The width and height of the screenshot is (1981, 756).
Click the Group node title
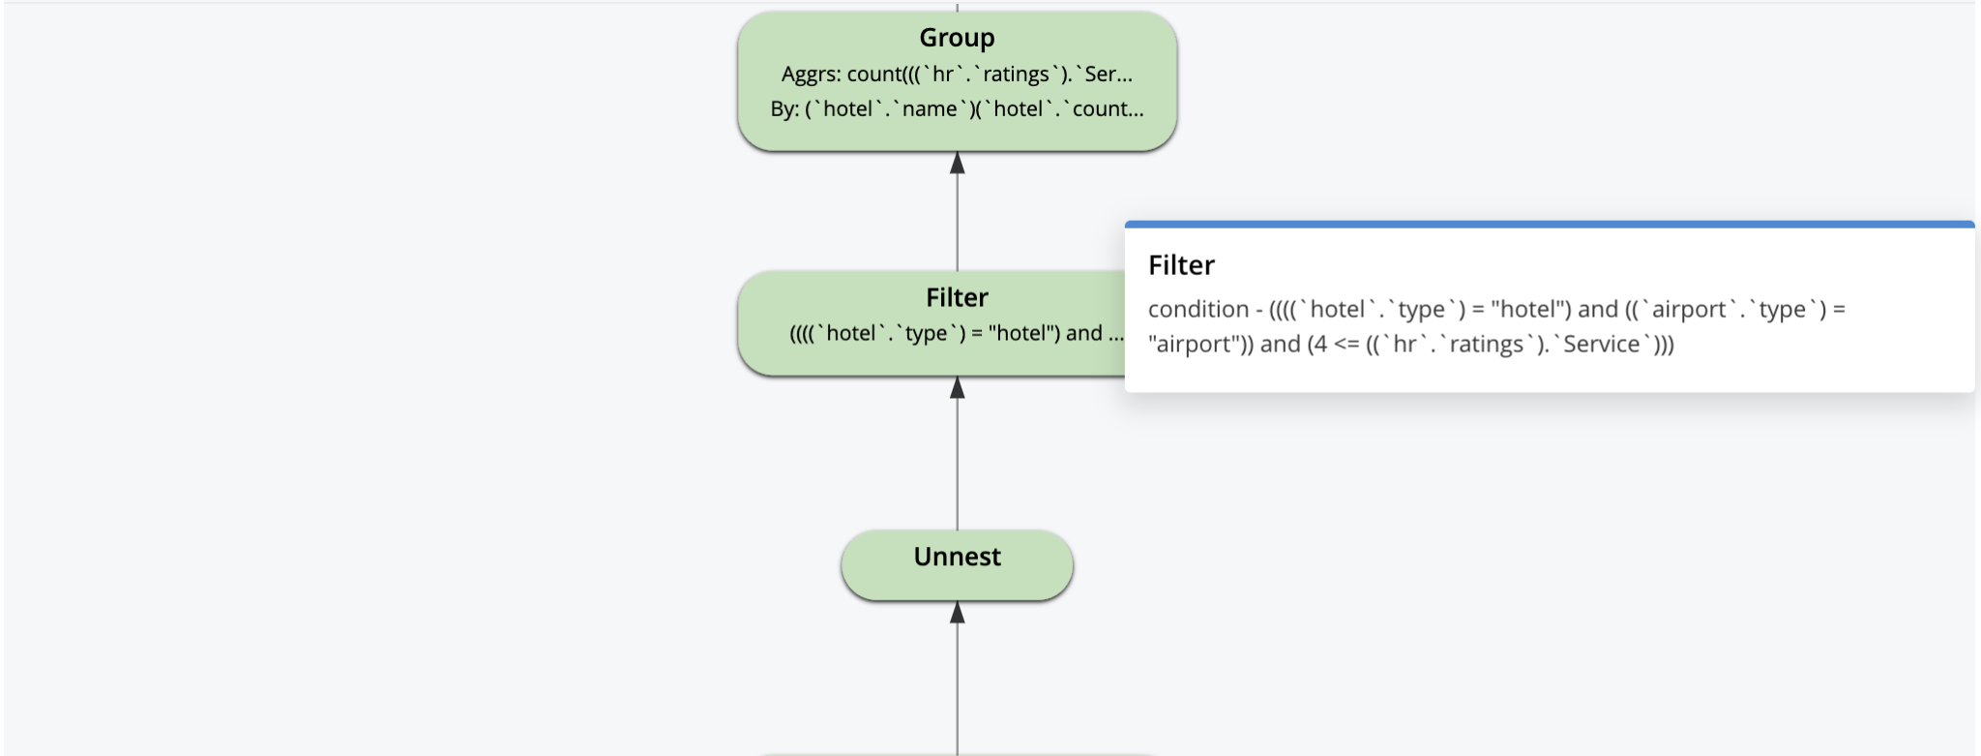coord(957,38)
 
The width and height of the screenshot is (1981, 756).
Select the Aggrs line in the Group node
coord(957,75)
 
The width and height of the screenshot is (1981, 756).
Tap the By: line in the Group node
coord(957,109)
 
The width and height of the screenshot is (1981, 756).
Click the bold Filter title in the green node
coord(957,297)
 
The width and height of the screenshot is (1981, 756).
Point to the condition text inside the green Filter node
coord(956,334)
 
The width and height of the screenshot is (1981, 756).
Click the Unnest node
coord(957,563)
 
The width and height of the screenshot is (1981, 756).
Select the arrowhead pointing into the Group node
coord(957,164)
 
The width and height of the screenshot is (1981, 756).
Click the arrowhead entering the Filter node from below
coord(957,388)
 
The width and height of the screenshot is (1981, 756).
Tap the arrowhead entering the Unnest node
coord(957,613)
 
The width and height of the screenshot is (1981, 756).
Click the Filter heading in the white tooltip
coord(1181,265)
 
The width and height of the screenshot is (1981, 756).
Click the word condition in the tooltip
coord(1198,310)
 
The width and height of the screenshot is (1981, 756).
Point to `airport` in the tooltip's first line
coord(1689,310)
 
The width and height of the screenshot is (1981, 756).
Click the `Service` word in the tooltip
coord(1601,345)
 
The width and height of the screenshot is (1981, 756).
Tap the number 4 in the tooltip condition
coord(1319,345)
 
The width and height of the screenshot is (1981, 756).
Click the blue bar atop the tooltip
coord(1548,225)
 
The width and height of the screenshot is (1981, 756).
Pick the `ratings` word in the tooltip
coord(1486,345)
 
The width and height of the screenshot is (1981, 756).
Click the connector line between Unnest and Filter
coord(957,465)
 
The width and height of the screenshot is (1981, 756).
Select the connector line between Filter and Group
coord(957,223)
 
